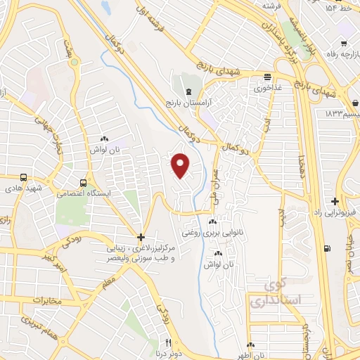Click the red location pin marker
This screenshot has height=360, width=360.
(181, 165)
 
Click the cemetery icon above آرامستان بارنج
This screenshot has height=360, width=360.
(188, 91)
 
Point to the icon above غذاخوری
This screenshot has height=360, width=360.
(266, 77)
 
